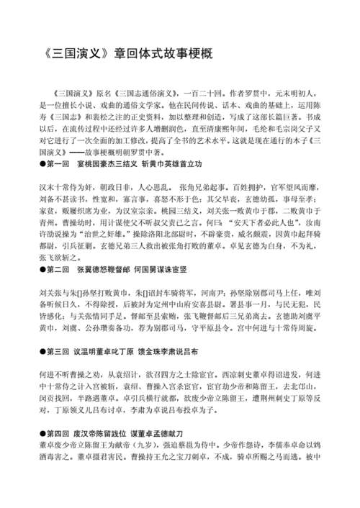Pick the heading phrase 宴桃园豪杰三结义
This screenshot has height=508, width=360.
tap(104, 164)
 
